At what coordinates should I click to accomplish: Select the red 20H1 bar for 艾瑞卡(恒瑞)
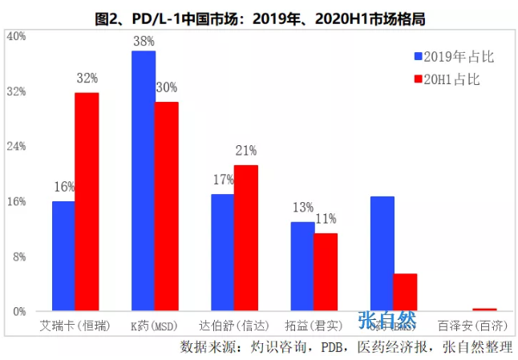(x=87, y=201)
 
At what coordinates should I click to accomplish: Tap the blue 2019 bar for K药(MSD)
(x=144, y=180)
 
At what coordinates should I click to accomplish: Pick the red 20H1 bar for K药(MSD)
(x=167, y=206)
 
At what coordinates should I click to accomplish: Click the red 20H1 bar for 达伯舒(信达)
(x=246, y=237)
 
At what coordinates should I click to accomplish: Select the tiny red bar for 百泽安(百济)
(x=484, y=309)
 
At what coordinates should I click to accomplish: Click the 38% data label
(x=144, y=41)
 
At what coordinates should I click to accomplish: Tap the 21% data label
(x=246, y=151)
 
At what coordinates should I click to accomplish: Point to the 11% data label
(x=326, y=219)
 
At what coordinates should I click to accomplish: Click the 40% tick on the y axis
(x=16, y=36)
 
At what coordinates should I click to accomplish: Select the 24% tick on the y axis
(x=16, y=146)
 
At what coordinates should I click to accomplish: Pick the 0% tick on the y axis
(x=19, y=311)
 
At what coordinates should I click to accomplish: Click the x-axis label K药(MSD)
(x=155, y=326)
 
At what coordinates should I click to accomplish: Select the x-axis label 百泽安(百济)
(x=473, y=326)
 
